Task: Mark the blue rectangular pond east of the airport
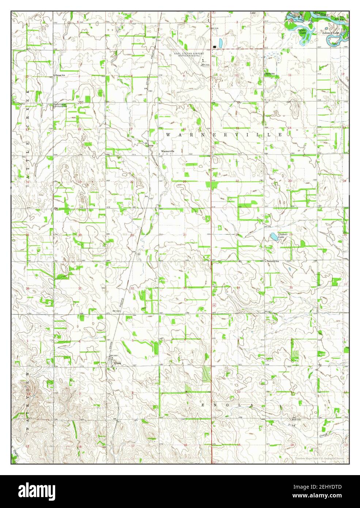coord(220,42)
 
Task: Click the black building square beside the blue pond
coord(214,47)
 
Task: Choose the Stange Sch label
coord(60,75)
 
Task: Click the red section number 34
coord(238,288)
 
